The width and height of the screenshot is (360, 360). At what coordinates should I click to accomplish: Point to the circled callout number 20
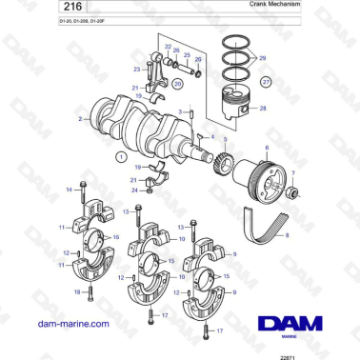point(177,84)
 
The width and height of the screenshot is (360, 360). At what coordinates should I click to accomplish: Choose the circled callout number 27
point(265,83)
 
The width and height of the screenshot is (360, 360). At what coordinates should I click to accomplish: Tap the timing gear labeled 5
point(225,160)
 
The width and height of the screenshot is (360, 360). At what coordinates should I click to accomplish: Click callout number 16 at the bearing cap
point(116,237)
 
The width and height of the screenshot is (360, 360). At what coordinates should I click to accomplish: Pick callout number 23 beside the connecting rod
point(137,69)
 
